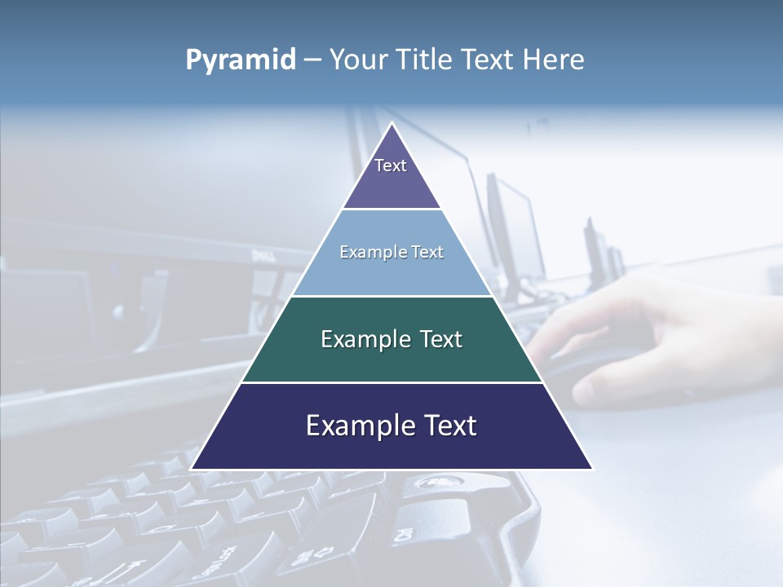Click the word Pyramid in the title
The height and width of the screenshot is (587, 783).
(240, 60)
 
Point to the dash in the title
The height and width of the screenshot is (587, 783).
(312, 60)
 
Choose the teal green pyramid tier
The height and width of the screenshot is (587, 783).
(391, 359)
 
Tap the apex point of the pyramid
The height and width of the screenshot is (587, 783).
(392, 123)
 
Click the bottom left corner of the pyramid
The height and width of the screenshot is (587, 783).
(192, 469)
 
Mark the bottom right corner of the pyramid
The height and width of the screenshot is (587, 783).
(592, 469)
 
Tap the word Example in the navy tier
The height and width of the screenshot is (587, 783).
(359, 426)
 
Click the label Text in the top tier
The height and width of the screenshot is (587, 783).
(391, 166)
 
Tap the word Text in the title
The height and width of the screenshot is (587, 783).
(489, 60)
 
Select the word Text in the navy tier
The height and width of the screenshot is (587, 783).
(449, 426)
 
